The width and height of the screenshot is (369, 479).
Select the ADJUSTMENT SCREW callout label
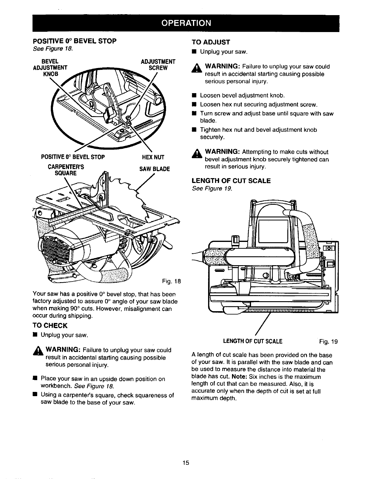pyautogui.click(x=158, y=65)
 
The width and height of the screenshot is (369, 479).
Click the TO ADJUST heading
pyautogui.click(x=211, y=42)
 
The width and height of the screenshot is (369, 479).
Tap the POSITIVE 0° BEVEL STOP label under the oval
pyautogui.click(x=73, y=157)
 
